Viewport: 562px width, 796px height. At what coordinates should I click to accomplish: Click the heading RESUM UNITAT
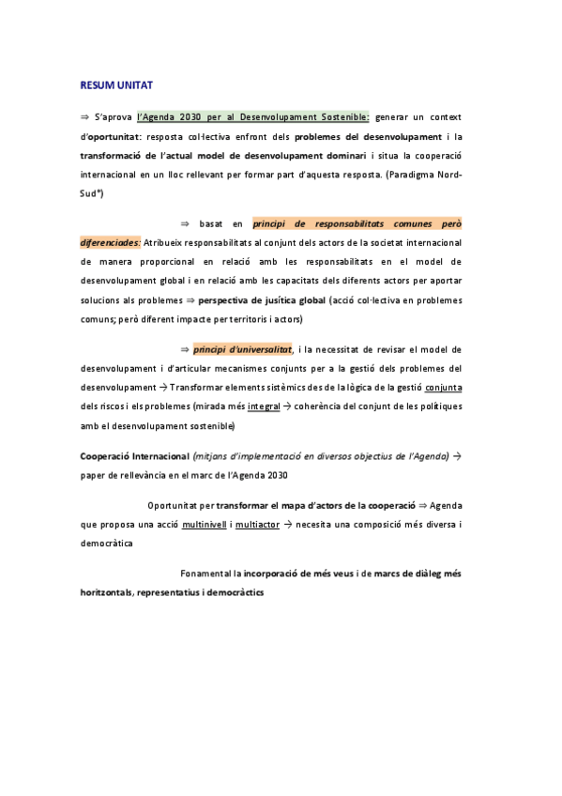tap(115, 85)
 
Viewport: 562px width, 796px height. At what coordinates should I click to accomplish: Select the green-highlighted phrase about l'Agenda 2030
tap(252, 117)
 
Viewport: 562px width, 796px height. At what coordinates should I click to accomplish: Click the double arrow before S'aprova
tap(84, 117)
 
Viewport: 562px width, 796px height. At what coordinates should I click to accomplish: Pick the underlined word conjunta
tap(443, 388)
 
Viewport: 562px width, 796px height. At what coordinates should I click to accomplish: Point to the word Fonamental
tap(205, 573)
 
